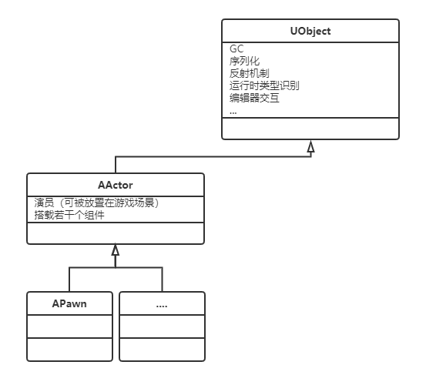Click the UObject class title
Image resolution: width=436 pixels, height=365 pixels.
[x=310, y=31]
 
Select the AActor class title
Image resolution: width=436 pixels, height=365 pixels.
[x=115, y=185]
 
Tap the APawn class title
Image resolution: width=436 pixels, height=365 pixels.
[x=69, y=303]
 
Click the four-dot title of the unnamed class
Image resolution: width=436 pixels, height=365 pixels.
[x=162, y=306]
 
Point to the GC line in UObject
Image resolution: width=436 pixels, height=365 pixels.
[x=236, y=49]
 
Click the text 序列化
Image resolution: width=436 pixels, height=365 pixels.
[x=244, y=61]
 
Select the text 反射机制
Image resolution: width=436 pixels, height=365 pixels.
[x=249, y=73]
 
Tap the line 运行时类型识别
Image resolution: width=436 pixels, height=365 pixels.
[x=264, y=85]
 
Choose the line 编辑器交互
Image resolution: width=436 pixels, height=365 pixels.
[x=254, y=98]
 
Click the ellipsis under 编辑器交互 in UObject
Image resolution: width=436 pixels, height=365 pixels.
[x=233, y=113]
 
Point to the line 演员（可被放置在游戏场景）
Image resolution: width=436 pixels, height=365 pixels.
[x=97, y=203]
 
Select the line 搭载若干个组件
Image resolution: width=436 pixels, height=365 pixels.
[x=69, y=215]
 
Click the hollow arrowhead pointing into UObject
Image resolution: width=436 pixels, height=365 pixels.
[x=311, y=146]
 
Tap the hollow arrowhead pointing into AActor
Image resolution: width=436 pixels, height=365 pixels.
[x=116, y=249]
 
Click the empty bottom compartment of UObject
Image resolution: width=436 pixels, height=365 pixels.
[x=310, y=129]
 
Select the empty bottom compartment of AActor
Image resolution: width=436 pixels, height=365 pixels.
[x=116, y=233]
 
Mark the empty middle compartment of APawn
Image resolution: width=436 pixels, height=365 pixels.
[x=69, y=326]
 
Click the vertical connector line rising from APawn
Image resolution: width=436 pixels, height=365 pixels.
[x=69, y=280]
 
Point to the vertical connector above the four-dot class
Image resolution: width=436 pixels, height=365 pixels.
[x=162, y=280]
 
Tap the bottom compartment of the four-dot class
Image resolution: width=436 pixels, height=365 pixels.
[x=162, y=350]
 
